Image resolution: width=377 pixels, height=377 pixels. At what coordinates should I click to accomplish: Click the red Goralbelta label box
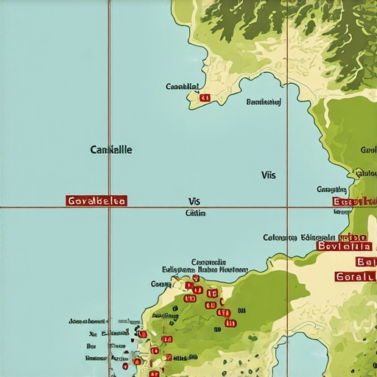(96, 200)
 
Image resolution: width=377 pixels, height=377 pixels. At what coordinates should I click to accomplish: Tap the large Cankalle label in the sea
(111, 149)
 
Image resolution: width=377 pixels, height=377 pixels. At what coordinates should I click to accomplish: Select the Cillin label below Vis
(195, 213)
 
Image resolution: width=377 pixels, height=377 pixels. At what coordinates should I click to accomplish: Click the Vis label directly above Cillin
(194, 200)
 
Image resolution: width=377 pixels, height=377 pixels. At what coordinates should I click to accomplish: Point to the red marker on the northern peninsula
(205, 97)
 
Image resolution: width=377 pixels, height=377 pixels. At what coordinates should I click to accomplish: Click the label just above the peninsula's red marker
(183, 87)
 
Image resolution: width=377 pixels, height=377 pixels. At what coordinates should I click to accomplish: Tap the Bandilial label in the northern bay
(264, 102)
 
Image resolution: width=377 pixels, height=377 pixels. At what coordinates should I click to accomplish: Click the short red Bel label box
(365, 262)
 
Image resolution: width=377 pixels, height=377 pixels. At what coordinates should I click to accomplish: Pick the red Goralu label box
(355, 277)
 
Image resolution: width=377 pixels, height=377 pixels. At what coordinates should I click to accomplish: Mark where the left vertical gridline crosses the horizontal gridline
(110, 208)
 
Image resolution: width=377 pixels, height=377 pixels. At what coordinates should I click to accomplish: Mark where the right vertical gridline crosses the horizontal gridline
(287, 208)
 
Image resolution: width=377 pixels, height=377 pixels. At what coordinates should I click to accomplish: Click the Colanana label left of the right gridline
(280, 238)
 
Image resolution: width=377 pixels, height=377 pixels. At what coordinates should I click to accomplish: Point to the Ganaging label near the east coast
(331, 190)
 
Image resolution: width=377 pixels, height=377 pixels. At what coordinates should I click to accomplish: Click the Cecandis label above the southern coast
(208, 262)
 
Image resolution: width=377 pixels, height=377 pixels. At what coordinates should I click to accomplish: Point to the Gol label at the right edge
(368, 150)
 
